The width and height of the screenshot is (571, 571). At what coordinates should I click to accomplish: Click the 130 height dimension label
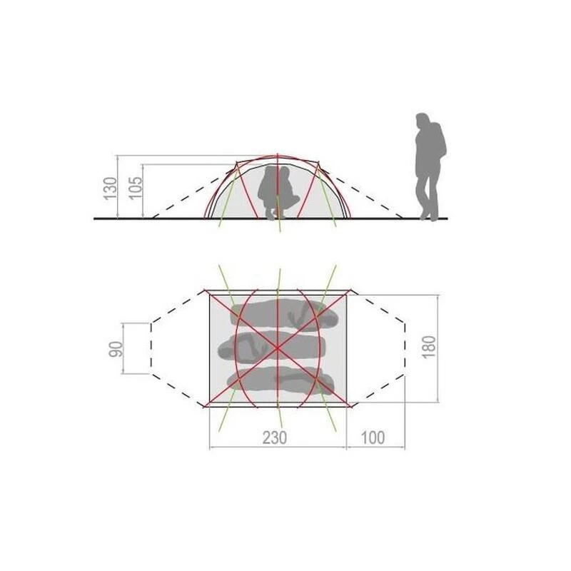[111, 188]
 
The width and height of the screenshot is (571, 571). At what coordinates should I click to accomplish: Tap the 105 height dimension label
[136, 188]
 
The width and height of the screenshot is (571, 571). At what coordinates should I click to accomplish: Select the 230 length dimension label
[275, 438]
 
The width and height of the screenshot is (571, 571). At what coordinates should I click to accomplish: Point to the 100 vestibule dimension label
[373, 438]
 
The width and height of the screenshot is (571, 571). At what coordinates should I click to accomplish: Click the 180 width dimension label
[429, 347]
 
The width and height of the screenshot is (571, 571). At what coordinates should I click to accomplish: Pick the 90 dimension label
[116, 349]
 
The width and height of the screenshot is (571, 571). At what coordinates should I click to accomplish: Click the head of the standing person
[423, 120]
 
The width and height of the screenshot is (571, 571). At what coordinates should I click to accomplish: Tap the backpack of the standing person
[441, 139]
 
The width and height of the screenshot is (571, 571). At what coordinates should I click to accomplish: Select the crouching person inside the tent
[278, 192]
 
